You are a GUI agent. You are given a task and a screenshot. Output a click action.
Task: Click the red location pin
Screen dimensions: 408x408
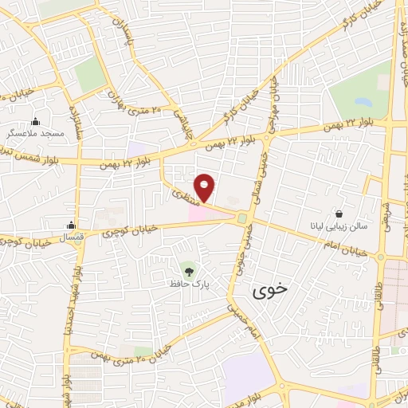click(x=205, y=186)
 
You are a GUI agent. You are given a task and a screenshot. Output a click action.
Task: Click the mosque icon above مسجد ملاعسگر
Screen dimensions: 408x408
click(x=35, y=122)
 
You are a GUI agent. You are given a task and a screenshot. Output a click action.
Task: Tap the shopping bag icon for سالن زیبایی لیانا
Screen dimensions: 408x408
click(x=340, y=214)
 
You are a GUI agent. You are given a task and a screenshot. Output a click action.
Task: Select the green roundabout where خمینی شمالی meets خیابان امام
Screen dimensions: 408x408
click(x=241, y=218)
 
